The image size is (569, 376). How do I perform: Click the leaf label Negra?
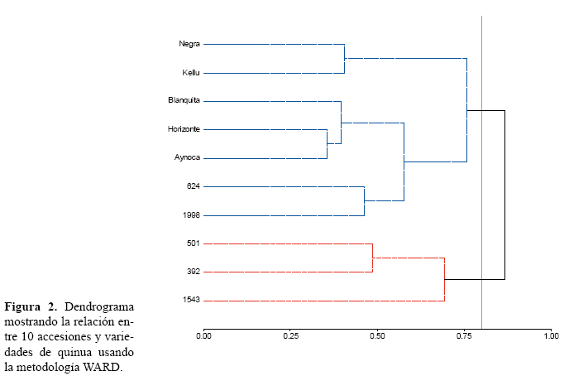tap(189, 44)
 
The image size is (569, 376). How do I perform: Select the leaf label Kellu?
tap(190, 73)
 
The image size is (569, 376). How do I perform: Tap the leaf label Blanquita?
tap(184, 101)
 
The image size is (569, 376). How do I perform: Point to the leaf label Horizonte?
tap(184, 129)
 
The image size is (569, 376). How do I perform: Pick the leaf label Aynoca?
tap(187, 157)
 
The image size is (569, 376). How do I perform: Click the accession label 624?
tap(194, 186)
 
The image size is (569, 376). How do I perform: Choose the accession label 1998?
tap(191, 215)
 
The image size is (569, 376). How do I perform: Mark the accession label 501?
tap(194, 243)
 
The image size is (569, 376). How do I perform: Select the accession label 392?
tap(194, 272)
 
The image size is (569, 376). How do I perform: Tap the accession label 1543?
tap(191, 300)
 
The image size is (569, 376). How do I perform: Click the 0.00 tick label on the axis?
tap(203, 336)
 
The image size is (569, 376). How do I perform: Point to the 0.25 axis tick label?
tap(290, 336)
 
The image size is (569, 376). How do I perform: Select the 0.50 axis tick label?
tap(377, 336)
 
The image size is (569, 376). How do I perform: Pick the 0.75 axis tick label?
tap(464, 336)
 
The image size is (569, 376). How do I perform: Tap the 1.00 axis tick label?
tap(551, 336)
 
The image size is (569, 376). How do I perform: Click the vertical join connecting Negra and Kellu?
tap(344, 59)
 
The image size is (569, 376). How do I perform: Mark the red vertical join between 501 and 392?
tap(372, 258)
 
